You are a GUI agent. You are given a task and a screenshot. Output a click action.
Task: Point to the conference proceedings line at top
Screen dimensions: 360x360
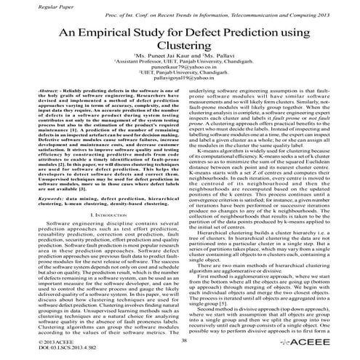(x=222, y=16)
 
